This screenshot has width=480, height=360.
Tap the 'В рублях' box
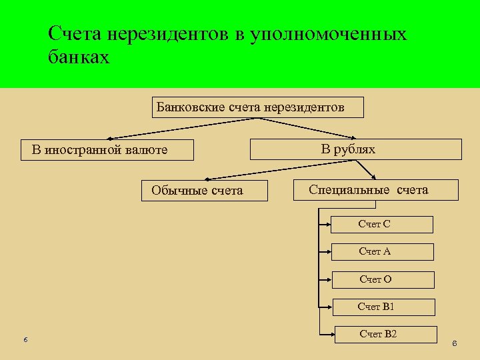point(355,149)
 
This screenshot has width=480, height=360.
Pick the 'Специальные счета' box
point(375,190)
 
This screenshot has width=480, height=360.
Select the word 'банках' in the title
point(78,58)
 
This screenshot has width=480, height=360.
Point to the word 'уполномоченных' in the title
point(328,33)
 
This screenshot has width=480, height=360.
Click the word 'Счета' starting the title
point(74,33)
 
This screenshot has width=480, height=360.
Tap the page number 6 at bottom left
point(25,340)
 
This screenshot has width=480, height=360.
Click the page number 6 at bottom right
point(454,344)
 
